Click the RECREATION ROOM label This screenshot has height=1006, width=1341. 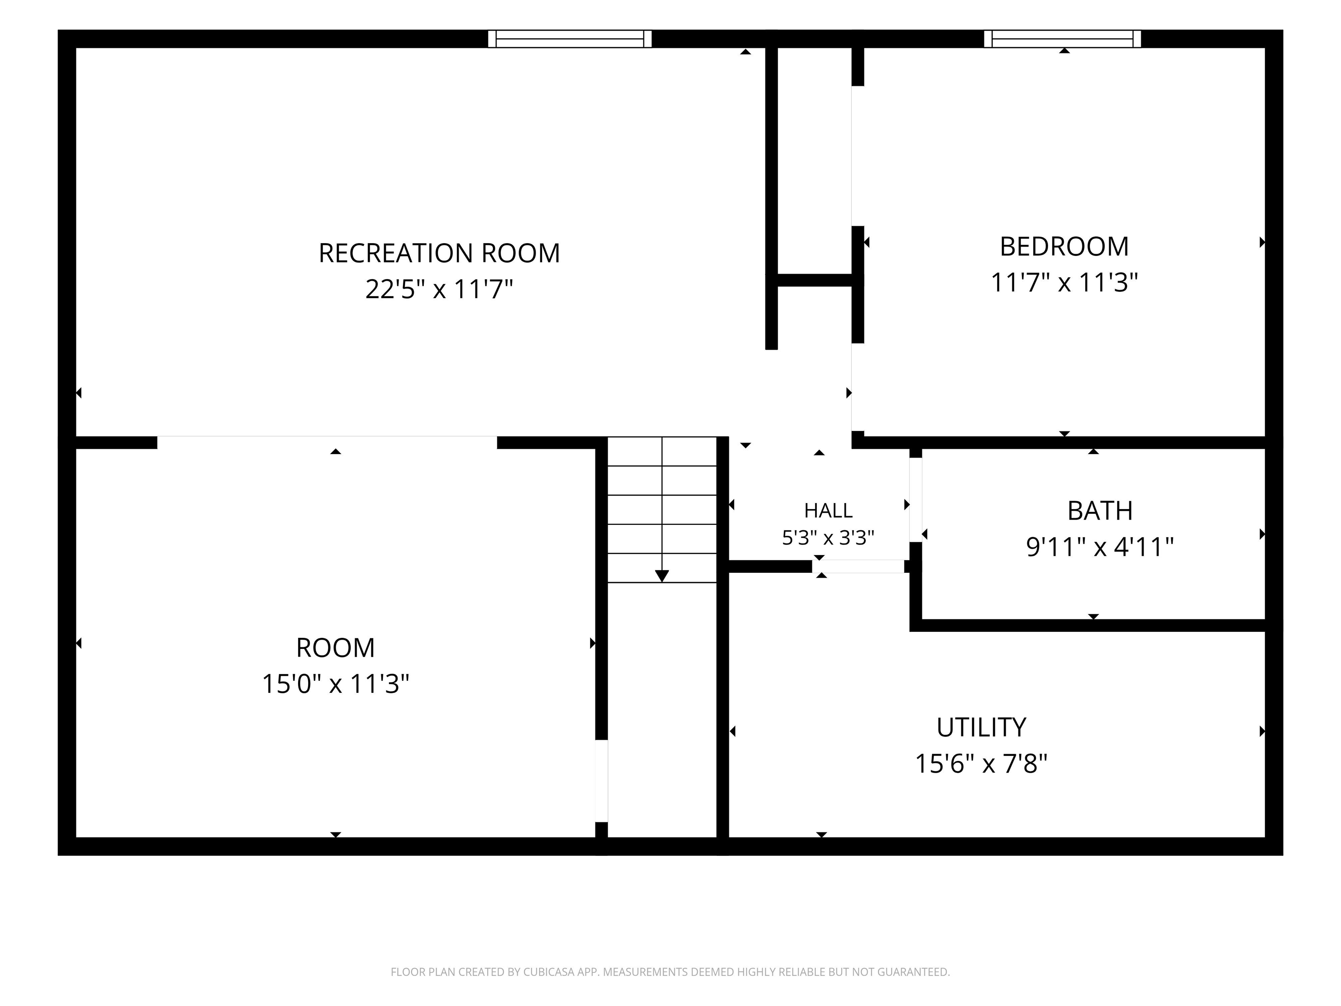pos(439,253)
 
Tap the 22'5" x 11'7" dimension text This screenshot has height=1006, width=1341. pos(439,289)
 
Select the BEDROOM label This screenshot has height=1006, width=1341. pos(1064,247)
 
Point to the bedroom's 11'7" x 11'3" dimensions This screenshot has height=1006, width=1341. pos(1064,283)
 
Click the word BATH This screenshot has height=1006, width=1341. pos(1100,511)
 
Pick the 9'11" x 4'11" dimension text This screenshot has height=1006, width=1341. pos(1100,547)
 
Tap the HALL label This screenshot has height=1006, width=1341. pos(828,511)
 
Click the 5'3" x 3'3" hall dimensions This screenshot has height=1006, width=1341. pos(828,538)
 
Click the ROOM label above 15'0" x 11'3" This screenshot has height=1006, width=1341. pos(335,648)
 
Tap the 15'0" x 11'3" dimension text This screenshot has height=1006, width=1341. pos(335,684)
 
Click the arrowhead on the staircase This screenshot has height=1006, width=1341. pos(662,576)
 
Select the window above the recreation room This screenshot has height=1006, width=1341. pos(570,39)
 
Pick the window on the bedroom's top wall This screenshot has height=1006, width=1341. pos(1062,39)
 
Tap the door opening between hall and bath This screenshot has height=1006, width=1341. pos(915,500)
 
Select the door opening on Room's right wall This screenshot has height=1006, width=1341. pos(602,781)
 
